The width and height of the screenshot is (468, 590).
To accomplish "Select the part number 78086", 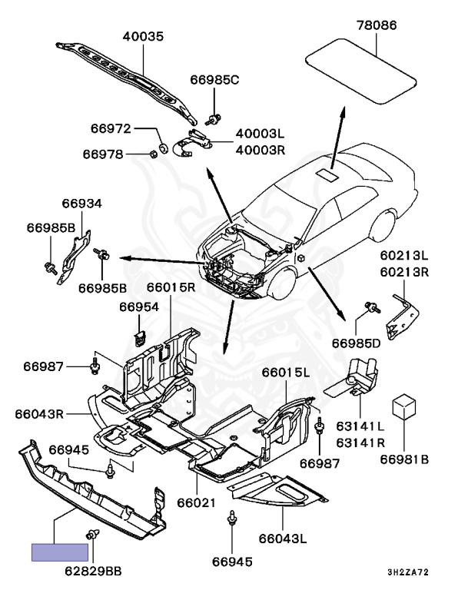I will tap(377, 25).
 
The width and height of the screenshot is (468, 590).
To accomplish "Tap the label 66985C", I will tap(215, 79).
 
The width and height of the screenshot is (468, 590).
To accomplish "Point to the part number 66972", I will tap(111, 128).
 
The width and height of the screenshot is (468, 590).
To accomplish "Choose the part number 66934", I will tap(81, 204).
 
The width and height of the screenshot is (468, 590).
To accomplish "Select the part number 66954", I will tap(138, 307).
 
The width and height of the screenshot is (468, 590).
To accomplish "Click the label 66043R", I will tap(39, 413).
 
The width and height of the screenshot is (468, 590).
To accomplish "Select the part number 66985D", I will tap(357, 342).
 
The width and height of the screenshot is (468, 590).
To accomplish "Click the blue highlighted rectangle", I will tap(60, 552).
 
